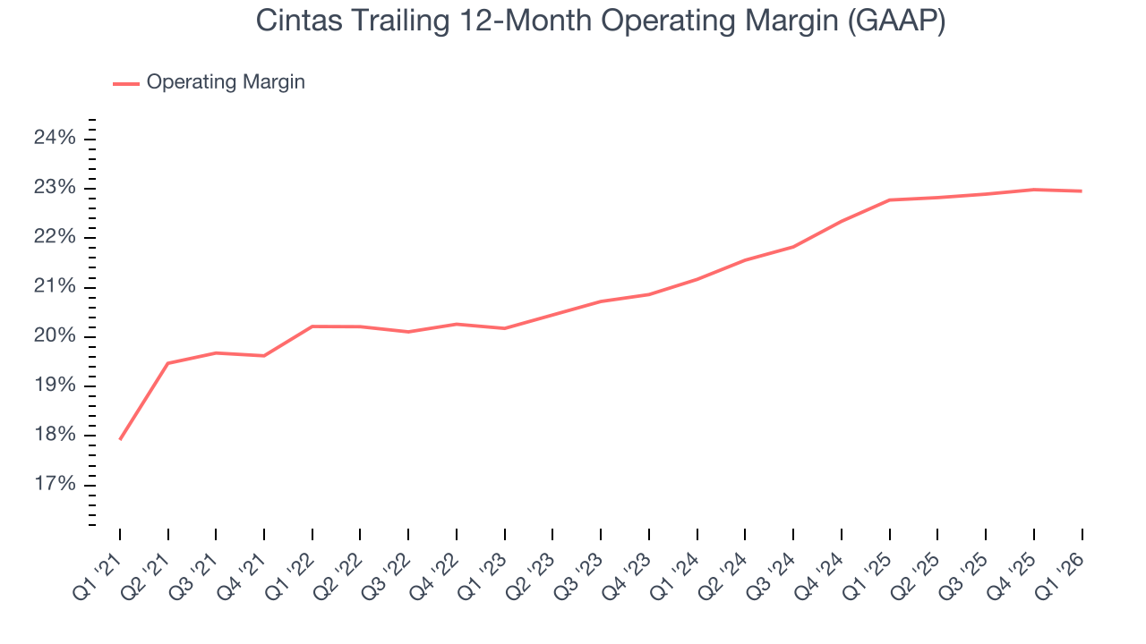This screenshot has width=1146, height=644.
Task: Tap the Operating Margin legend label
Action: pyautogui.click(x=226, y=82)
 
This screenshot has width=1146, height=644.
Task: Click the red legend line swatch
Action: pyautogui.click(x=125, y=83)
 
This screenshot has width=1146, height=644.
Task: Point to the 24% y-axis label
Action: pyautogui.click(x=55, y=138)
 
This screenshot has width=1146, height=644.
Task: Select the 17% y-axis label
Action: pyautogui.click(x=55, y=485)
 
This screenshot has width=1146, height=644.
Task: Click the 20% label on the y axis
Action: pyautogui.click(x=55, y=336)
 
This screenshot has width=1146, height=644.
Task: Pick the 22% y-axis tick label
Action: pyautogui.click(x=55, y=237)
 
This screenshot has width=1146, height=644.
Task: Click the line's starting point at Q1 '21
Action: pyautogui.click(x=120, y=439)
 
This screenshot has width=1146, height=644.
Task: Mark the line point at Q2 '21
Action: pyautogui.click(x=168, y=363)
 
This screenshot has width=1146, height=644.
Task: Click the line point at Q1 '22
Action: pyautogui.click(x=312, y=326)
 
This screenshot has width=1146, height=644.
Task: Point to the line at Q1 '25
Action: pyautogui.click(x=890, y=199)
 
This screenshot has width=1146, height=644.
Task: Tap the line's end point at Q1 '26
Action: pyautogui.click(x=1082, y=191)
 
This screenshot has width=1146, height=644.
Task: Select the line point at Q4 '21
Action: pyautogui.click(x=264, y=356)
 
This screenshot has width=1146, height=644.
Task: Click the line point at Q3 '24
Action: pyautogui.click(x=793, y=247)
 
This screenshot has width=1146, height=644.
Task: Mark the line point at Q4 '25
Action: pyautogui.click(x=1034, y=190)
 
